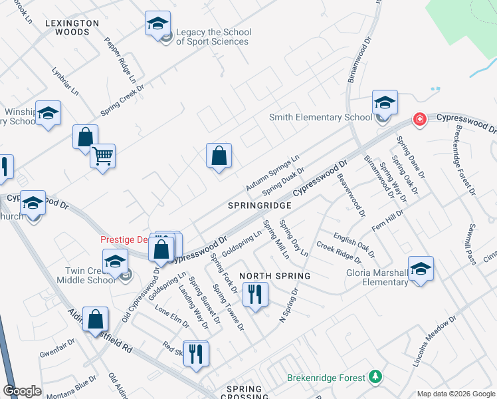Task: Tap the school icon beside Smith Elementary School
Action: click(385, 102)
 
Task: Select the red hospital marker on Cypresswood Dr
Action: click(419, 120)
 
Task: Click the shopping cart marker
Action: click(102, 156)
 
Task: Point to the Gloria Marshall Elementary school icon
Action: click(421, 269)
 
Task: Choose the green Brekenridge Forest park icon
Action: click(376, 377)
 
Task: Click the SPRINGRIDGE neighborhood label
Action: click(260, 206)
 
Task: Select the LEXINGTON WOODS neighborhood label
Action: click(72, 27)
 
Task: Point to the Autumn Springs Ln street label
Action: click(272, 171)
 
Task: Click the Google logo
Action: click(23, 390)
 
